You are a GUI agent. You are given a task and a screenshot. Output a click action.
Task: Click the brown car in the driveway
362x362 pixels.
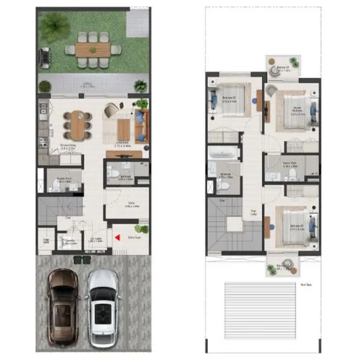click(x=62, y=306)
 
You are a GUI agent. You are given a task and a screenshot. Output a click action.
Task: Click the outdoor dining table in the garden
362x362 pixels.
click(x=90, y=50)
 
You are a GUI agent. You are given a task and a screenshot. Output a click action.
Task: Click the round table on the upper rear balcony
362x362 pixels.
click(x=282, y=61)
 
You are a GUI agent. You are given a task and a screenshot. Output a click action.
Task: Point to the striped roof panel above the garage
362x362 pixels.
click(x=246, y=304)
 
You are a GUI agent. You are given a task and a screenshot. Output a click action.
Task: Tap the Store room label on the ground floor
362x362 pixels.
click(x=132, y=204)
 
